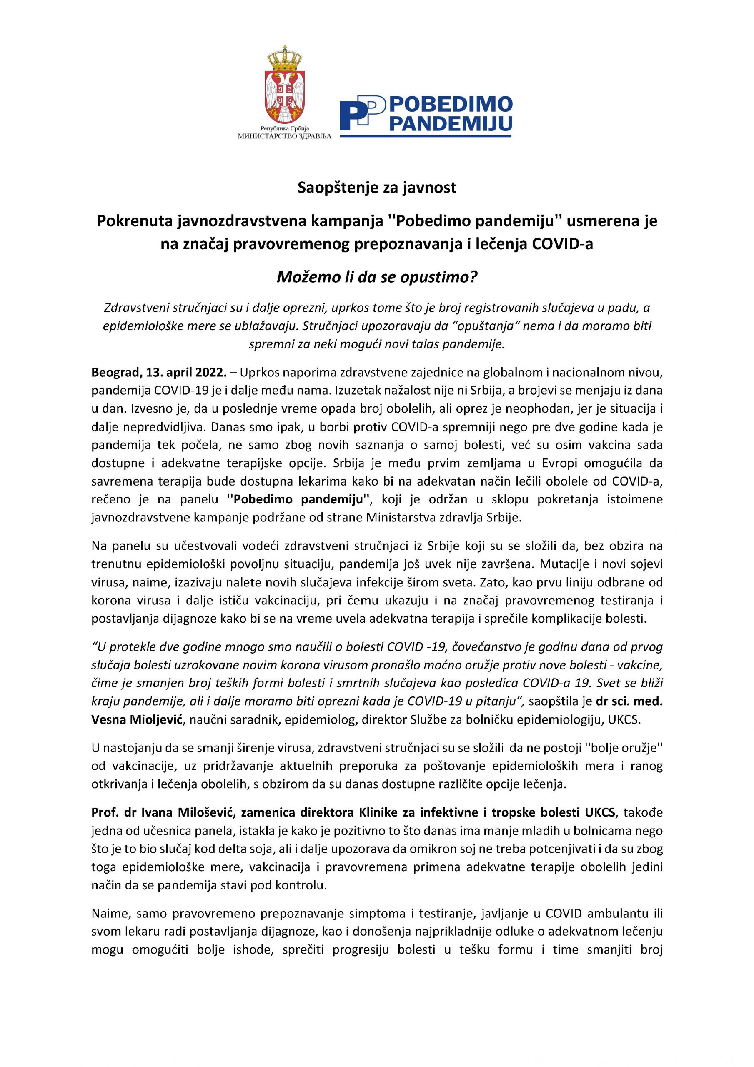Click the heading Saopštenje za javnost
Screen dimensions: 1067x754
click(377, 188)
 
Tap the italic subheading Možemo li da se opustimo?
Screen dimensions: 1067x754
click(377, 277)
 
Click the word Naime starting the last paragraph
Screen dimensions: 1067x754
click(107, 914)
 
